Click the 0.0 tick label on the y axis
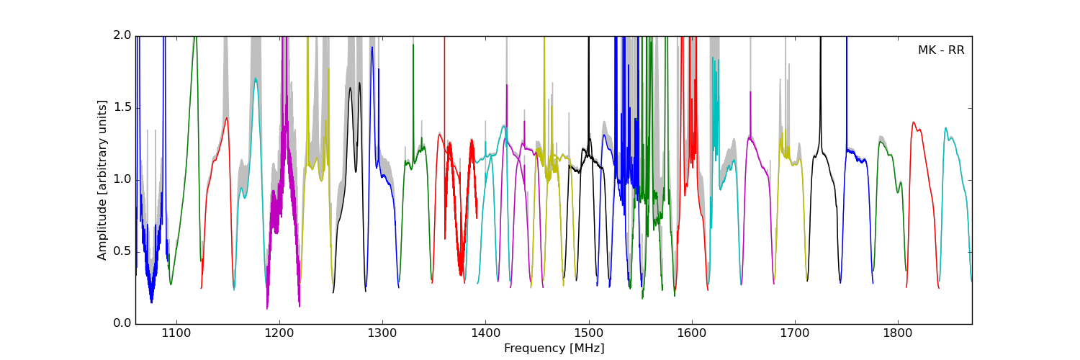coord(122,323)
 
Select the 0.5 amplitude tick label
coord(122,251)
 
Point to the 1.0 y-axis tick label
coord(122,179)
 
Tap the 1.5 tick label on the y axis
coord(122,107)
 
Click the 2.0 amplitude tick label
coord(122,35)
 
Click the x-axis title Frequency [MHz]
coord(554,348)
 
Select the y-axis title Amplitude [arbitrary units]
coord(102,180)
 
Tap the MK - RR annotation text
coord(940,50)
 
